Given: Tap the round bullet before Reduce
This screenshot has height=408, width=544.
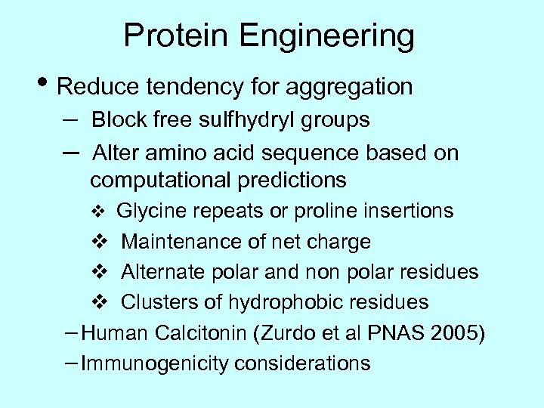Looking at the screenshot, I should click(x=45, y=85).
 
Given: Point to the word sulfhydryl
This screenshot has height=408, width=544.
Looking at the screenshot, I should click(x=256, y=119).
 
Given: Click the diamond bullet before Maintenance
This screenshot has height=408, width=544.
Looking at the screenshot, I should click(x=101, y=242).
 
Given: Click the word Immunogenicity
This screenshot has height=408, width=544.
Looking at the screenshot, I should click(x=155, y=364).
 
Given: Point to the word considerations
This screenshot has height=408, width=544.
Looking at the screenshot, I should click(x=302, y=364).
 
